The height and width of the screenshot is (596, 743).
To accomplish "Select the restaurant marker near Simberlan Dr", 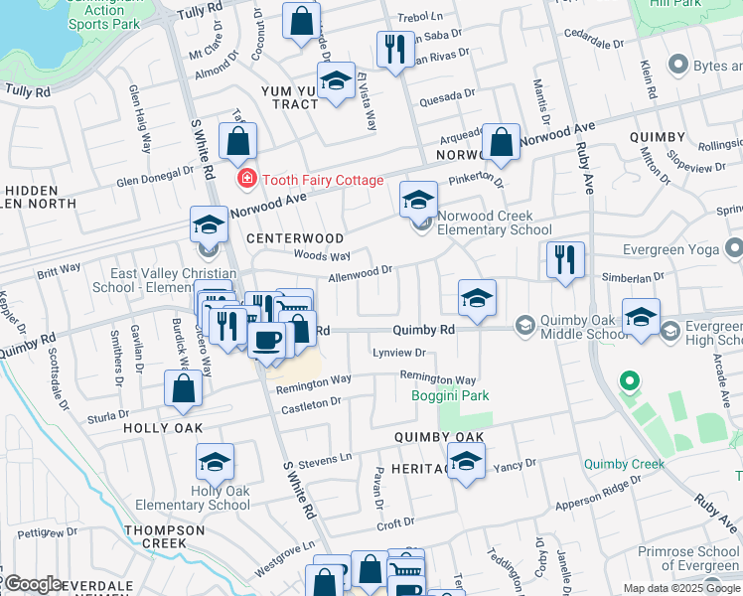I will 565,260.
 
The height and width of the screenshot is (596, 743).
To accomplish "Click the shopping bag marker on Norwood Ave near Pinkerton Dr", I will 502,143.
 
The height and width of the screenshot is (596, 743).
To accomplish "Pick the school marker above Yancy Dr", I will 466,461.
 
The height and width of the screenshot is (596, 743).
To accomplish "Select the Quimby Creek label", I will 624,463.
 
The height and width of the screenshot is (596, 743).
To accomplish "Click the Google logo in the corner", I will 33,584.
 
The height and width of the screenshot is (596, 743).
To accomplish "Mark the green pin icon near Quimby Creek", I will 628,380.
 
